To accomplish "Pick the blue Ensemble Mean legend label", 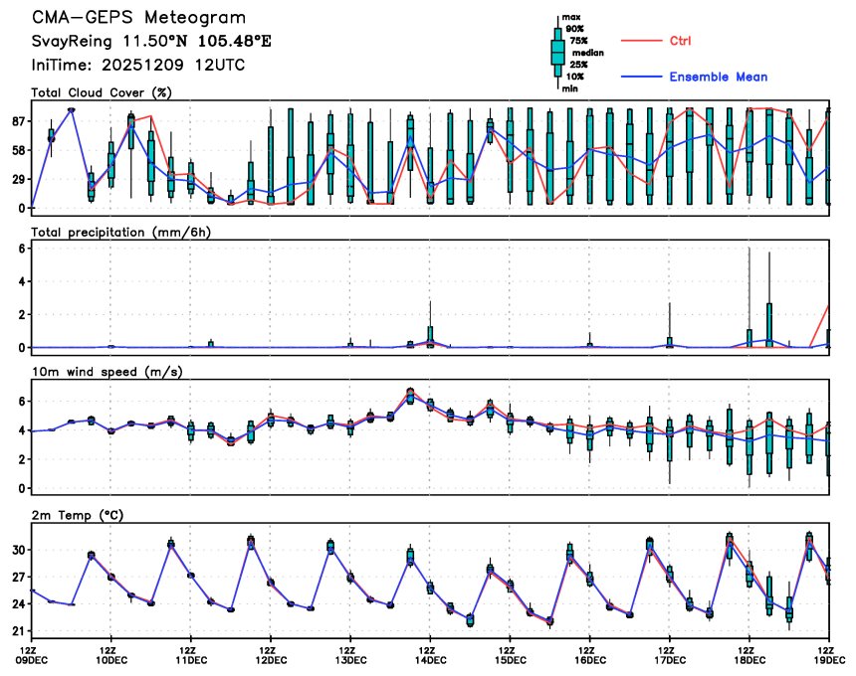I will (x=718, y=77).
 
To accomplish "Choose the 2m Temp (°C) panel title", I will (x=79, y=514).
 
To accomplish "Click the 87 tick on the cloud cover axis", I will (x=18, y=121).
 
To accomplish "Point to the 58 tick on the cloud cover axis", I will (x=18, y=150).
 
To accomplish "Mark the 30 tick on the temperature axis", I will (x=18, y=550).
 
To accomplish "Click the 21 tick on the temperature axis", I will (x=18, y=631).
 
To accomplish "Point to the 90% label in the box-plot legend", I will (x=574, y=29).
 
